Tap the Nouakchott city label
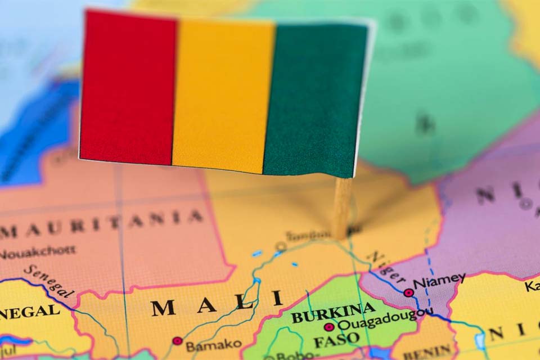tap(37, 253)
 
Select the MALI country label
tap(217, 304)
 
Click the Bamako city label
tap(214, 344)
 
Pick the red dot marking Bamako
tap(178, 341)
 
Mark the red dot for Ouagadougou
tap(329, 327)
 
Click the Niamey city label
tap(439, 280)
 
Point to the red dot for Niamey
tap(408, 292)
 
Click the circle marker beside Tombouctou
tap(281, 246)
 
